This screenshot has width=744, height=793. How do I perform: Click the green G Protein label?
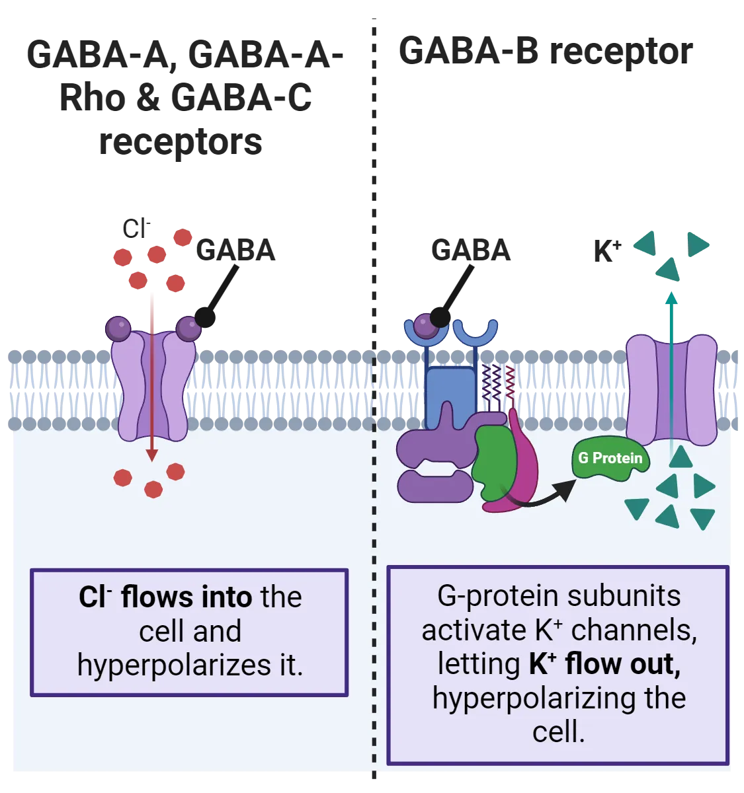click(610, 458)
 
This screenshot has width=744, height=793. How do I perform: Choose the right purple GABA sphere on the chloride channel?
click(188, 328)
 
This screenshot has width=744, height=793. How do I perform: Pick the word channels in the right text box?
click(633, 630)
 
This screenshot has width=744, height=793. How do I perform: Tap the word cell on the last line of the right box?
click(557, 732)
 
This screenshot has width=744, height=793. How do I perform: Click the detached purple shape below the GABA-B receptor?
click(434, 485)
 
